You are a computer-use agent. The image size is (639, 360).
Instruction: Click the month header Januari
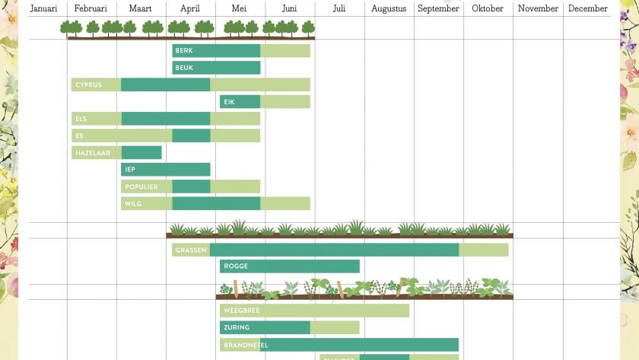[43, 8]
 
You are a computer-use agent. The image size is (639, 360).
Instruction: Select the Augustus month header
[389, 8]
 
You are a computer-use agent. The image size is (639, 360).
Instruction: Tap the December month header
[587, 8]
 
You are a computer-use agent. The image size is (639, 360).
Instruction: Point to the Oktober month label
[488, 8]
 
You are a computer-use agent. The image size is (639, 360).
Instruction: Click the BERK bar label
[183, 51]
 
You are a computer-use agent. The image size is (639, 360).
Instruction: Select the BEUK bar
[216, 68]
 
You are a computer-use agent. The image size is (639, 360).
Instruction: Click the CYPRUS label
[88, 85]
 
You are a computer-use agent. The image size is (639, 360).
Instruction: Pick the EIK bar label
[229, 102]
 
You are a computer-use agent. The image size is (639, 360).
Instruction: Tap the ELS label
[81, 119]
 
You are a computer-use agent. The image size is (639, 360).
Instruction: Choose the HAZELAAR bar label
[92, 153]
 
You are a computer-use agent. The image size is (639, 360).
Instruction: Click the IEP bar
[165, 170]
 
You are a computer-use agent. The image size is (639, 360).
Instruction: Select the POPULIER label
[141, 187]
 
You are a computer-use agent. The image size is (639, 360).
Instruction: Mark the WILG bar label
[132, 204]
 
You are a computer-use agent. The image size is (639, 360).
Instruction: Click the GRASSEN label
[191, 250]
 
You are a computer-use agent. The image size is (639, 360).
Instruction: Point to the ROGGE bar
[289, 266]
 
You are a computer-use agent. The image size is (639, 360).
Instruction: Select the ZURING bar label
[237, 328]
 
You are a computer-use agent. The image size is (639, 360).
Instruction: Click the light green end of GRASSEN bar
[484, 250]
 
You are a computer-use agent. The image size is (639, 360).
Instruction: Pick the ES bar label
[79, 136]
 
